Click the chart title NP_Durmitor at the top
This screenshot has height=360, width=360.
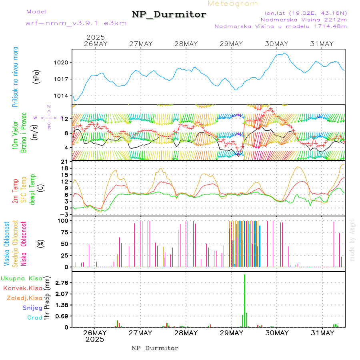click(169, 15)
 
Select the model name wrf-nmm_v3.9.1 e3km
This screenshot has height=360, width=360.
click(76, 23)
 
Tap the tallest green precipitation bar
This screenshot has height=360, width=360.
click(244, 300)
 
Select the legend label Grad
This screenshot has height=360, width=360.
click(34, 318)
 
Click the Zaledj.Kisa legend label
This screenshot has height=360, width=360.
click(24, 298)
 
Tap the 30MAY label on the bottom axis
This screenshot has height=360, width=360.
click(276, 333)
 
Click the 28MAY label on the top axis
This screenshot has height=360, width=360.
click(186, 44)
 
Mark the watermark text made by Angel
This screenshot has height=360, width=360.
click(352, 240)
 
